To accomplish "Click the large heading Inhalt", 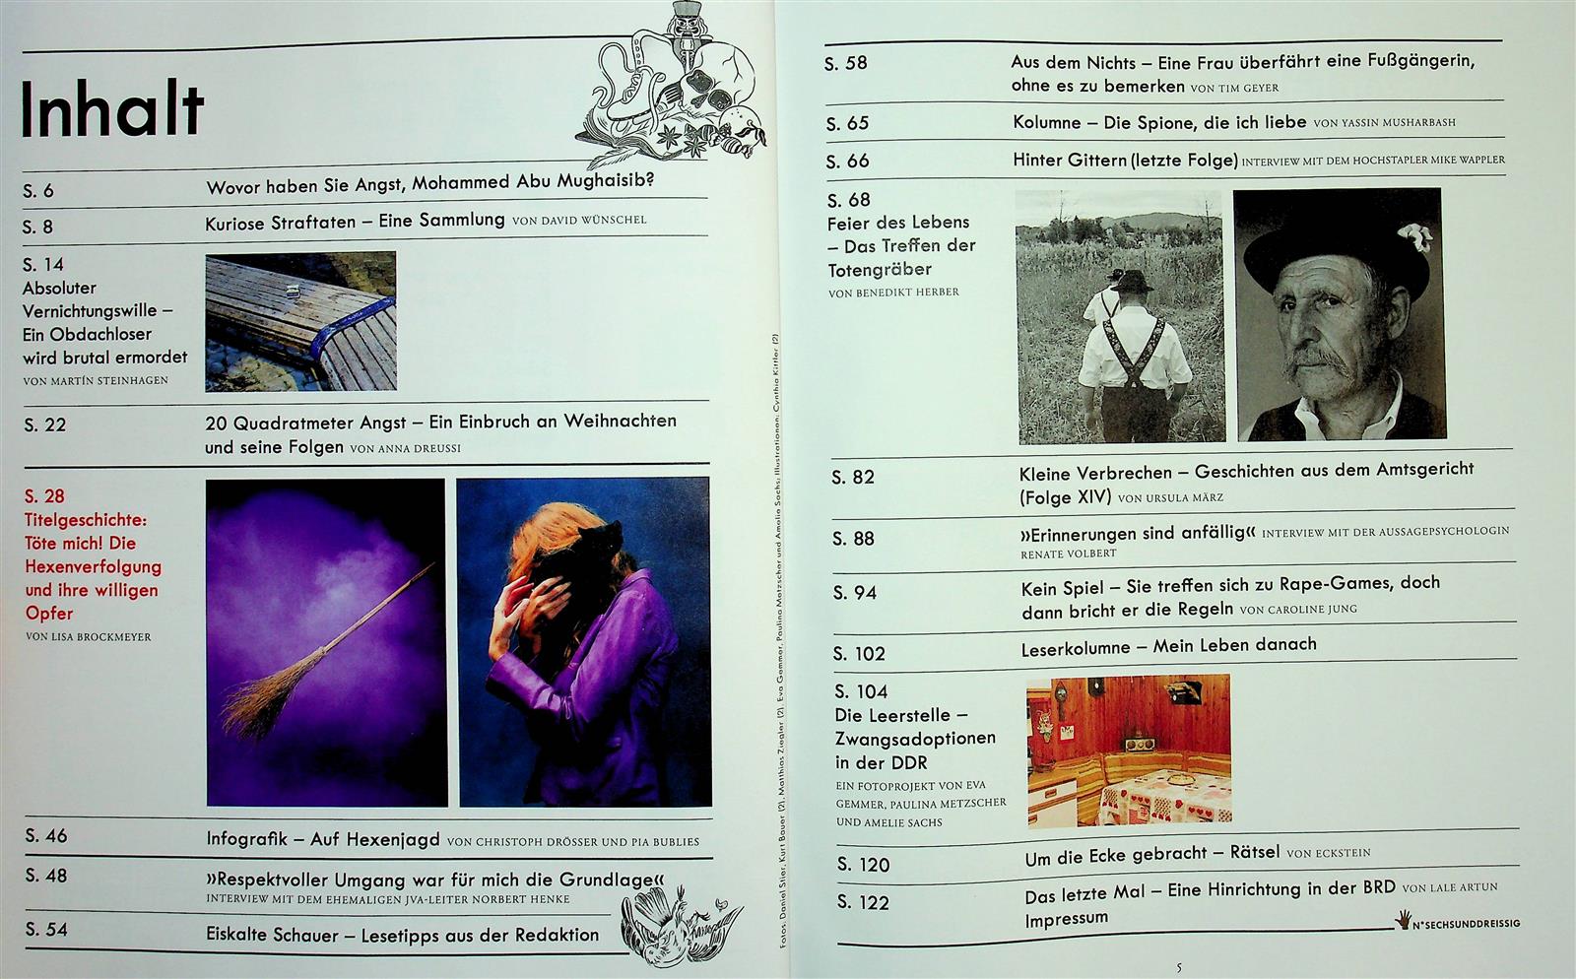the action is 112,109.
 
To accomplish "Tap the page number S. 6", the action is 38,191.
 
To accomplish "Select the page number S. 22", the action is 45,424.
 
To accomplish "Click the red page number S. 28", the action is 44,495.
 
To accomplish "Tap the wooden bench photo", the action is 300,321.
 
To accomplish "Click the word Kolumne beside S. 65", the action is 1047,122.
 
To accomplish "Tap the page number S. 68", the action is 848,201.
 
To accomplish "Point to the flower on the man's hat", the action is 1415,236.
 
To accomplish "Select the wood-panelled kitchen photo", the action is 1129,750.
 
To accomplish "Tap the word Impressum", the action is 1066,919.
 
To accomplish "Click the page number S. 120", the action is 863,865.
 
